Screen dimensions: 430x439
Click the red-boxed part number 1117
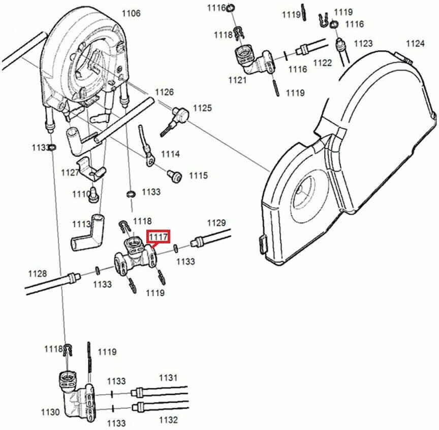pos(158,236)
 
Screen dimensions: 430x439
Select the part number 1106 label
pos(131,13)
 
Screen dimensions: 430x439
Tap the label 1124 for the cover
pos(415,44)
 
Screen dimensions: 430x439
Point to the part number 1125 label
pos(202,108)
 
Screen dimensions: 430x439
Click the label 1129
pos(216,223)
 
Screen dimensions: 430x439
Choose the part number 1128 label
pos(37,274)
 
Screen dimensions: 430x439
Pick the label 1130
pos(50,412)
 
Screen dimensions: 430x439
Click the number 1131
pos(168,377)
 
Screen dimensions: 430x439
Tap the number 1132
pos(168,420)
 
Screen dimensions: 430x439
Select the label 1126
pos(164,92)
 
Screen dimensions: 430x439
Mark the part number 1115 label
pos(198,175)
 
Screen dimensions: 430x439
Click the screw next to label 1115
pos(175,175)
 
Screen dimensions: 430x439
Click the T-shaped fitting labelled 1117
pos(135,256)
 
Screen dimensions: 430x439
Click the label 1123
pos(363,44)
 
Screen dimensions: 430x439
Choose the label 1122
pos(322,63)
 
